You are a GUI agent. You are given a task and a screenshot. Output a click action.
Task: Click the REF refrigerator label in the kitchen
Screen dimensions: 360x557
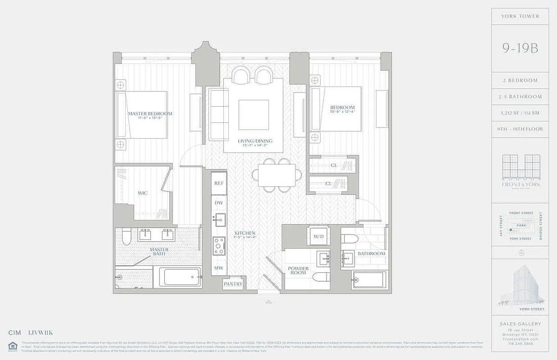[219, 183]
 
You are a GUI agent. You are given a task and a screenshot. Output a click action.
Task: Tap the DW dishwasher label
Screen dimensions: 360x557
[219, 203]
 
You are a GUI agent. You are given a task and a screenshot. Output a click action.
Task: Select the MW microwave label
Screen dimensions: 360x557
[219, 268]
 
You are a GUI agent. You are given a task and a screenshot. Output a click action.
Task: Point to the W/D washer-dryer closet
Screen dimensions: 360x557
[318, 236]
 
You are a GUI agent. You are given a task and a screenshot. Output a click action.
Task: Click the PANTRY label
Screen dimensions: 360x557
[233, 284]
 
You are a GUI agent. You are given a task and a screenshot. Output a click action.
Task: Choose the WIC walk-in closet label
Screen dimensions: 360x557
[143, 193]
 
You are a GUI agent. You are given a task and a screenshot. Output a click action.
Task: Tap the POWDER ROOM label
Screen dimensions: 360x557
[299, 271]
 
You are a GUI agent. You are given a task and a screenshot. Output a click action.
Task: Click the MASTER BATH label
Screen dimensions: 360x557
[159, 252]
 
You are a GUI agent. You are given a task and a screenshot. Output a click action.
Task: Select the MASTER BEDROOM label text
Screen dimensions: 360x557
[150, 114]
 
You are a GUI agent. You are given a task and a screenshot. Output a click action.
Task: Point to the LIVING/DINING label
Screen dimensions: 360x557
[255, 141]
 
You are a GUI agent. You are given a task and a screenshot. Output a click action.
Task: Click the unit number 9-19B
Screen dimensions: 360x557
[520, 48]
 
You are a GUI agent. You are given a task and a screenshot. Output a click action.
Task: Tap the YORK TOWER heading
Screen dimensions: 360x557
[520, 16]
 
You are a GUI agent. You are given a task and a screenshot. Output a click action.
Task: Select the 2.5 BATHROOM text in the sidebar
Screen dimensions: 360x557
[520, 97]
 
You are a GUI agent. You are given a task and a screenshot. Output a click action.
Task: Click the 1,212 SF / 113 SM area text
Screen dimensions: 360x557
[520, 113]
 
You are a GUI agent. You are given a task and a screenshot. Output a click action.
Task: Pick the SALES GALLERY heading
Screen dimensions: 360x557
[520, 324]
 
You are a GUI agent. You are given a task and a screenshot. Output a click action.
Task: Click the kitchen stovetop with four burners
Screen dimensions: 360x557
[219, 246]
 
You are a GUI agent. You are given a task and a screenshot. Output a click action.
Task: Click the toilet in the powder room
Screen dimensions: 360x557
[322, 275]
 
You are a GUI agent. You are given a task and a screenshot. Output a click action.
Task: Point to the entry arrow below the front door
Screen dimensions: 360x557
[269, 301]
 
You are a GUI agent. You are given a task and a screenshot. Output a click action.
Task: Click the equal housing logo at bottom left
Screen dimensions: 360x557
[13, 346]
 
